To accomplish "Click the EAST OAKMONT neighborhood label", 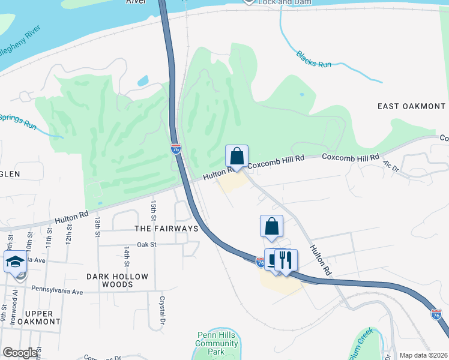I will (x=411, y=106).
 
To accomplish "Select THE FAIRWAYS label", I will (x=166, y=229).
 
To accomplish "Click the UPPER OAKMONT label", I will (x=43, y=317).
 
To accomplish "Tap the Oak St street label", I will (x=146, y=245).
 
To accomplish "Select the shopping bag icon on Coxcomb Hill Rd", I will (x=237, y=156).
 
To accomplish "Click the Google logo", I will (x=20, y=353).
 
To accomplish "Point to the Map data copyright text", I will (x=423, y=355).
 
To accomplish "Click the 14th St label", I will (x=127, y=256).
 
